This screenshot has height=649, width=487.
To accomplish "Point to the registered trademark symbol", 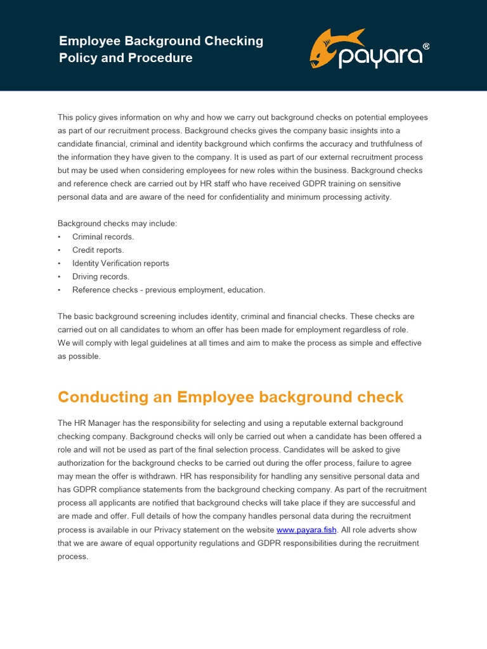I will point(425,46).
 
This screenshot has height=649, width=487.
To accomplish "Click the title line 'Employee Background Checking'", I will point(161,41).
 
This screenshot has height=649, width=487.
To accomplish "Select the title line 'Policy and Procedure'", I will point(126,58).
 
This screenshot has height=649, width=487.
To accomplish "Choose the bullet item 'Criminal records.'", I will point(103,237).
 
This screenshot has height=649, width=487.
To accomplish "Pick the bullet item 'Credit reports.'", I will point(98,250).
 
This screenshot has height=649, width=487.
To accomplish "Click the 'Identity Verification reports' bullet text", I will point(120,264).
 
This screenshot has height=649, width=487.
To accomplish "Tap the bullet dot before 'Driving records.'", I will point(59,277).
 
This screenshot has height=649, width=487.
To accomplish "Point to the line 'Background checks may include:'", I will point(118,224).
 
